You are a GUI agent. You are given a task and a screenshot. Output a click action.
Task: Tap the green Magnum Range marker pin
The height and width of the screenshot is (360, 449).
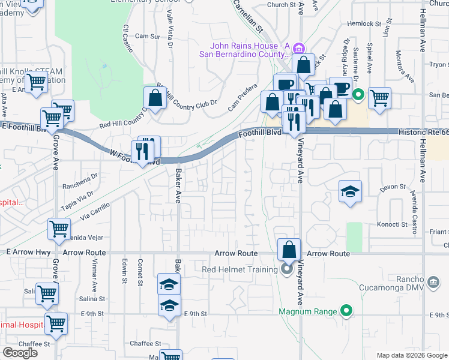coord(346,311)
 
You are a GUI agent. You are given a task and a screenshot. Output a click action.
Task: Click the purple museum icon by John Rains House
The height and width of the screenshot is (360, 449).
coord(301,49)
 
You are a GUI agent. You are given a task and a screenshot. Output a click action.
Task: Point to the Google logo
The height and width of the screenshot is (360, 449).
coord(20,353)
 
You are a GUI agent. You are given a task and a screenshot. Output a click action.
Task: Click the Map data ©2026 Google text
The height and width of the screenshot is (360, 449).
coord(412,355)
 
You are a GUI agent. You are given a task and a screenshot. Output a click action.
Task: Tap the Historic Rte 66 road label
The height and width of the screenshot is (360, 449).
coord(423,131)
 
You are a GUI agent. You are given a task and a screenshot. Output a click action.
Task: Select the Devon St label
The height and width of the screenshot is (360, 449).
coord(393,187)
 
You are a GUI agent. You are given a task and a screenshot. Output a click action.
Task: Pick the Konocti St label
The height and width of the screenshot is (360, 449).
coord(392,224)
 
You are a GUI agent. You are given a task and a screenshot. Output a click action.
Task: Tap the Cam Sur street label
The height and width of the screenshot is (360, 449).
coord(147,37)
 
